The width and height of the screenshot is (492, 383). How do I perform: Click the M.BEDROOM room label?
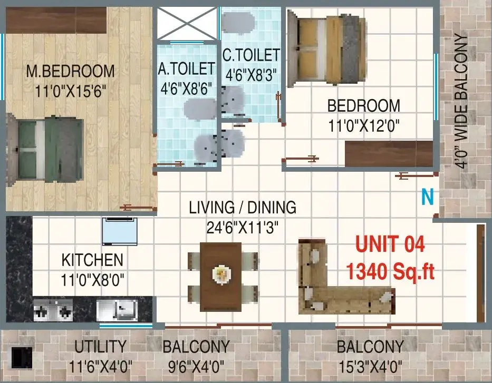[70, 72]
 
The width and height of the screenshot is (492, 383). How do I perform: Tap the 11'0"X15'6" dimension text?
[70, 91]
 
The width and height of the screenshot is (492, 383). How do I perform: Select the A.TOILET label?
[186, 69]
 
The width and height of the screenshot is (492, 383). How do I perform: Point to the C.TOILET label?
[251, 55]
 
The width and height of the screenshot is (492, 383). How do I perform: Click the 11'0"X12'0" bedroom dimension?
[364, 126]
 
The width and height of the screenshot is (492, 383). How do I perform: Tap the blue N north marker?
[427, 197]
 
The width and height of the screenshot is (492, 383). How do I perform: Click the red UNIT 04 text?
[390, 244]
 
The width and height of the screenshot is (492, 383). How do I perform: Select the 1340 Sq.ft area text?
[390, 271]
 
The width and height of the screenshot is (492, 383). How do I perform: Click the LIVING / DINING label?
[243, 208]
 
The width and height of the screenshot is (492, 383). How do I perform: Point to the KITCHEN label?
[92, 260]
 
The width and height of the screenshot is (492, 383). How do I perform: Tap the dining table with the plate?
[221, 277]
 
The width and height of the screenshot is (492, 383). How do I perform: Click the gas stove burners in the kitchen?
[53, 310]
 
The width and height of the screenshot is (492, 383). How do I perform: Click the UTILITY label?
[100, 347]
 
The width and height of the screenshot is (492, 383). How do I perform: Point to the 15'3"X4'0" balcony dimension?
[370, 367]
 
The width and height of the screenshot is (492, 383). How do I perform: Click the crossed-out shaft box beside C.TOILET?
[187, 24]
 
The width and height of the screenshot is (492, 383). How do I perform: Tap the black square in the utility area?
[21, 357]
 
